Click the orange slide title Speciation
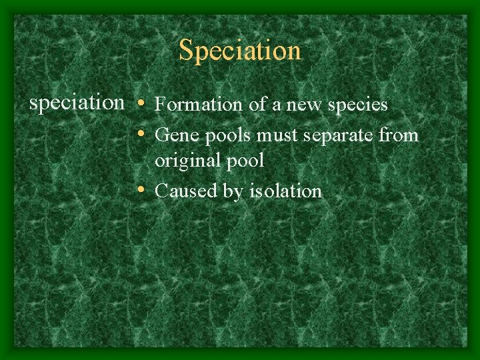[240, 51]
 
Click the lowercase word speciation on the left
[77, 103]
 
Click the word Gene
[174, 136]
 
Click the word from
[399, 136]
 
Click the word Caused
[183, 191]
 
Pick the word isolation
[285, 191]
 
